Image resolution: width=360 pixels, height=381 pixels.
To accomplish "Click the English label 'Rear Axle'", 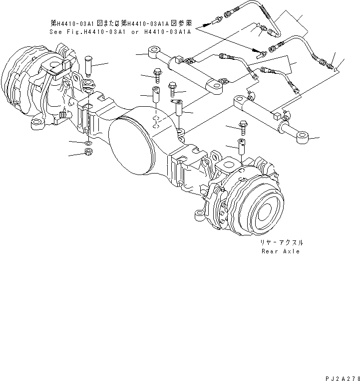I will [x=281, y=251].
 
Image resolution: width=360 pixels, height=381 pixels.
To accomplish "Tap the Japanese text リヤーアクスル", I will [x=281, y=242].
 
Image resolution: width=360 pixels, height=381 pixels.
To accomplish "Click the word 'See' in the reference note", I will [x=55, y=31].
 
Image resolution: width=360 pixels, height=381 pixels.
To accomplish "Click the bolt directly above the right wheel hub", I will [x=243, y=128].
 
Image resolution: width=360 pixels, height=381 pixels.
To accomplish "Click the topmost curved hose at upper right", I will [x=260, y=12].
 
